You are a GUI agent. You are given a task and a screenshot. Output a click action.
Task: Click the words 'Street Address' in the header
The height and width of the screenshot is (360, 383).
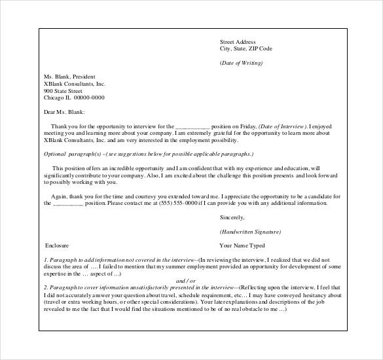coord(237,42)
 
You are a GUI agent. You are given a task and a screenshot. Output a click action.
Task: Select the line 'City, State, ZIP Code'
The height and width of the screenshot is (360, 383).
coord(246,49)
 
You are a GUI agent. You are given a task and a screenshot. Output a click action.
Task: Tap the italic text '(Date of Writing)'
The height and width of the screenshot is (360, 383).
coord(241,63)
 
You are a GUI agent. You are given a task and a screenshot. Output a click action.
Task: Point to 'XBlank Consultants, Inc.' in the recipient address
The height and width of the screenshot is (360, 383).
coord(74,84)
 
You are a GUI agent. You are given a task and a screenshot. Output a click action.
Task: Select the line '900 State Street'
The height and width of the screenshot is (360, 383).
coord(63,91)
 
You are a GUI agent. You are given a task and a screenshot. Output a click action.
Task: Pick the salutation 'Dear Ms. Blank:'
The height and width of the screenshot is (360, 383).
coord(64,112)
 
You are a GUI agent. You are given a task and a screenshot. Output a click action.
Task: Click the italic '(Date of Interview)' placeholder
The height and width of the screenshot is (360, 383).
coord(282,126)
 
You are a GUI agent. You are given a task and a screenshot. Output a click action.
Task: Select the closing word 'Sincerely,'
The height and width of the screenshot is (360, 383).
coord(232,217)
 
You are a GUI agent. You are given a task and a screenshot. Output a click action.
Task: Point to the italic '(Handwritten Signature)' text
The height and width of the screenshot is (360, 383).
coord(251,232)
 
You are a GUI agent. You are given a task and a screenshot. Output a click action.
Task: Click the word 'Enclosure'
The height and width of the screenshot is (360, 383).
coord(56,246)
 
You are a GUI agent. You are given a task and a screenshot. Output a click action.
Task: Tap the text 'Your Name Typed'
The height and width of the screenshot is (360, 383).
coord(242,246)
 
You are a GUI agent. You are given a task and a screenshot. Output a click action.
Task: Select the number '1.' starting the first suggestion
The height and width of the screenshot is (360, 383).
coord(45,260)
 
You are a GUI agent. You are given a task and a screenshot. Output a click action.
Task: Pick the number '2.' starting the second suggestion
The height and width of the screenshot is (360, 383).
coord(45,287)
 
